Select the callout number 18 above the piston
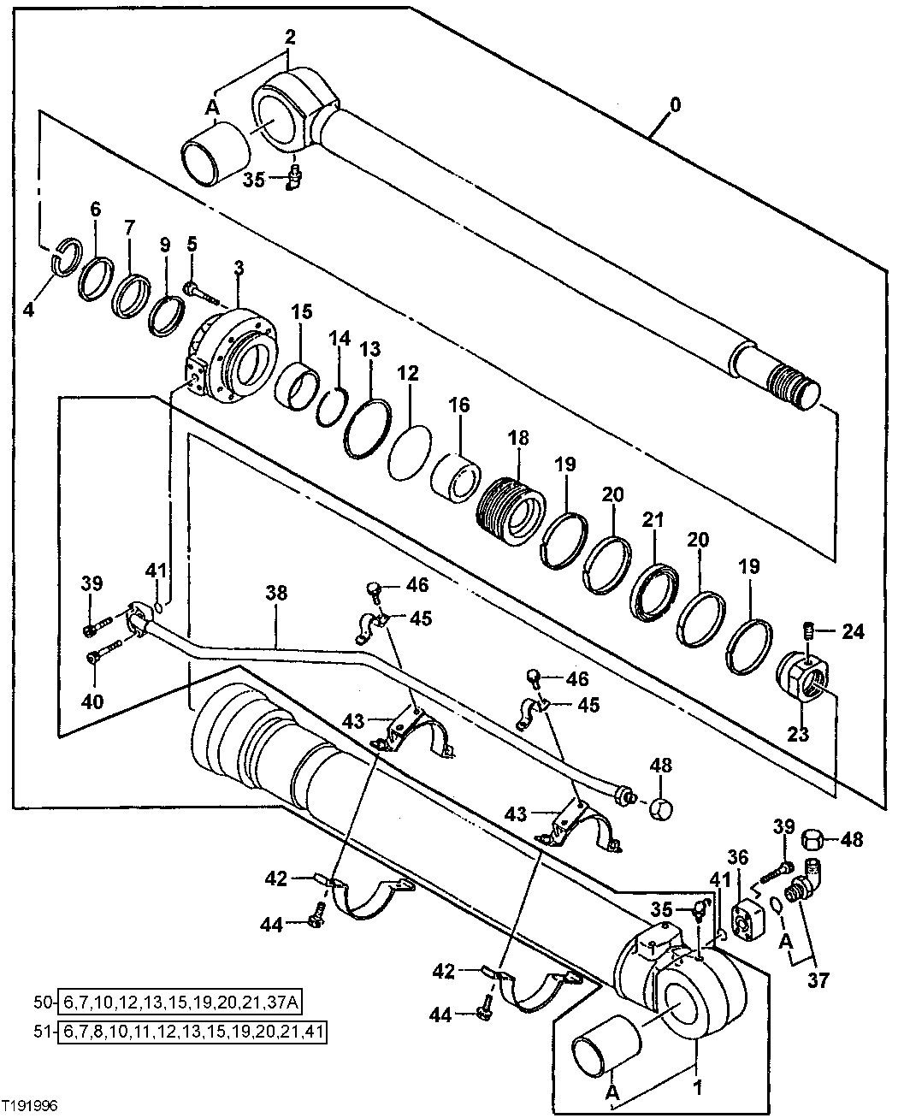(x=518, y=439)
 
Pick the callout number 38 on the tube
(x=277, y=591)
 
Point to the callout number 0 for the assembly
(x=675, y=105)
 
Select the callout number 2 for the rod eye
(x=290, y=37)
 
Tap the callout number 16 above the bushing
(x=459, y=405)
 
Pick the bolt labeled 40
(x=97, y=658)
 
